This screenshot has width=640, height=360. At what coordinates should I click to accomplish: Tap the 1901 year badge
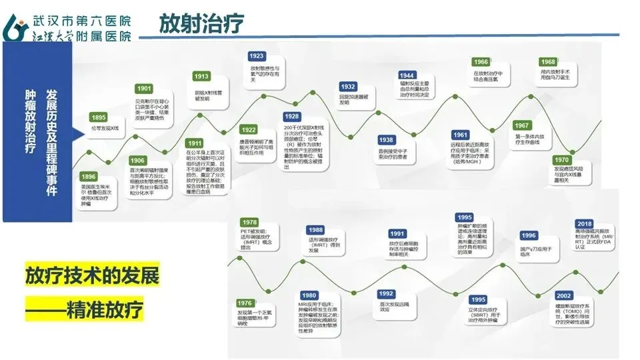point(144,89)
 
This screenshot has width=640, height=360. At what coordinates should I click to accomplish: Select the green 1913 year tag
point(202,77)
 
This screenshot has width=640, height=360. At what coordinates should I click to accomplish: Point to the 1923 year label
point(256,56)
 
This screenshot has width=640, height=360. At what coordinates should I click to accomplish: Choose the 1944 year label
point(408,75)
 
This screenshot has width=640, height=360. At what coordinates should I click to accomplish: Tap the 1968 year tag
point(548,62)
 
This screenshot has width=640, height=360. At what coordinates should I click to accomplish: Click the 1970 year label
point(561,160)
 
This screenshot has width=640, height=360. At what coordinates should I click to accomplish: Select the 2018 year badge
point(584,224)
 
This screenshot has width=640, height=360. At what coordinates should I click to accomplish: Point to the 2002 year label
point(563,295)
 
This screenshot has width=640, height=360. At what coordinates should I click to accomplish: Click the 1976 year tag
point(245,303)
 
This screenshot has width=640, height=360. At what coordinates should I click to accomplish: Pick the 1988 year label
point(316,230)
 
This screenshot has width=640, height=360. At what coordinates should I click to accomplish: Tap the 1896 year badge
point(89,177)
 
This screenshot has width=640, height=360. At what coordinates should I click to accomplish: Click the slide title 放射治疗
point(201,24)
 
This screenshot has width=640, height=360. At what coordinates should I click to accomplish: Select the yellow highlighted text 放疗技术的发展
point(92,275)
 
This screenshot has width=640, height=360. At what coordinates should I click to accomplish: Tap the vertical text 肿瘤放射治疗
point(30,119)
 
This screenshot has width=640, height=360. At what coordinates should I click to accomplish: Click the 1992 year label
point(386,294)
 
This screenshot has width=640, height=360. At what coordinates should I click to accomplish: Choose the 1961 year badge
point(460,135)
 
